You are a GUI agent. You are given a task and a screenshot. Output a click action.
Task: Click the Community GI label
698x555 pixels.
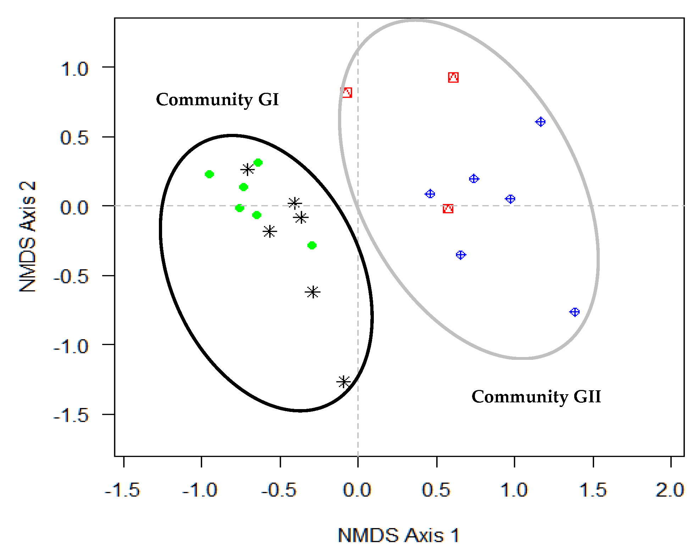pos(217,100)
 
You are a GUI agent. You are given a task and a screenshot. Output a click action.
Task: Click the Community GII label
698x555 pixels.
pos(536,397)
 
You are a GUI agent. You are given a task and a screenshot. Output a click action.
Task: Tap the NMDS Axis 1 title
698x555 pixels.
pos(398,535)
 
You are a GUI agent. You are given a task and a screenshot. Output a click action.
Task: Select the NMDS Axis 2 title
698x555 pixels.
pos(28,237)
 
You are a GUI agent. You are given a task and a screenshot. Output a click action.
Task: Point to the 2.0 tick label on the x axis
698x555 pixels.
pos(670,491)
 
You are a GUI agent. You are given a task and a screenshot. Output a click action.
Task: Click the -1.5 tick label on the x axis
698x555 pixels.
pos(122,491)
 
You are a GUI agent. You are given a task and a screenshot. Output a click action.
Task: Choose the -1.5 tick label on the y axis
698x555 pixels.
pos(71,415)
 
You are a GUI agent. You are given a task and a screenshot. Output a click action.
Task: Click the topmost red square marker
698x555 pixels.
pos(453,77)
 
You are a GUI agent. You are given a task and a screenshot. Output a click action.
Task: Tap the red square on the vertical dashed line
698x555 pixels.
pos(347,92)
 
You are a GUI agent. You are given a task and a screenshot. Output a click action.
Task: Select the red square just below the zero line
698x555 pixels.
pos(448,209)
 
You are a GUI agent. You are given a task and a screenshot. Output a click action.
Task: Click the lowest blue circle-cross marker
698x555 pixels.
pos(574,312)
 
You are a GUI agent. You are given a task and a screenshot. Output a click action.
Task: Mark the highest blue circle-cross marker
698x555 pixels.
pos(540,122)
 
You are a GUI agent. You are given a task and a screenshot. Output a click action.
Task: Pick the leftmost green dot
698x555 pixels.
pos(209,174)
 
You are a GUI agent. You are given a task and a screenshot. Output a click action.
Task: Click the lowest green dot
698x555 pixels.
pos(312,245)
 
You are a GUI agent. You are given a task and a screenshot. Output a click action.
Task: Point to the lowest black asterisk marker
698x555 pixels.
pos(343,382)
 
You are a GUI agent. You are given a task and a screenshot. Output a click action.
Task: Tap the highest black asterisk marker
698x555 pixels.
pos(248,169)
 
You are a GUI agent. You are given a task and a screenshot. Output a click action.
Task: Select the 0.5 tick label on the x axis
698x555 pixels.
pos(436,491)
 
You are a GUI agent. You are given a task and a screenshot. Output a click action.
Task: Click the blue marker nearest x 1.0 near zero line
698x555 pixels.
pos(510,199)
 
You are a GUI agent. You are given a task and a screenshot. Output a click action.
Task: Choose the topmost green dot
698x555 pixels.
pos(258,163)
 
